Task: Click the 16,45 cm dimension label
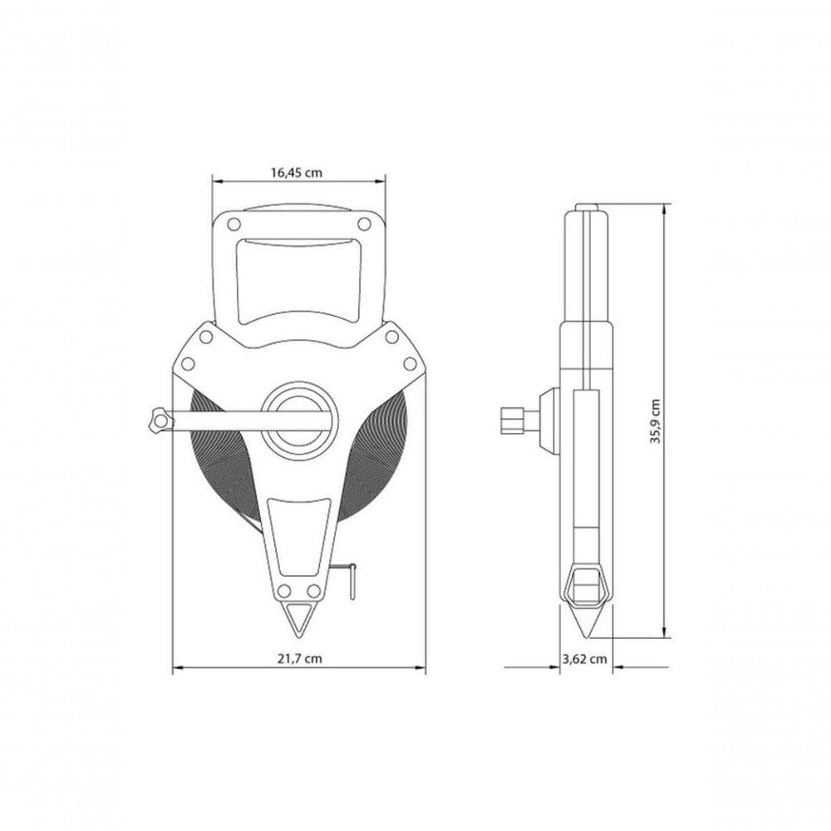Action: (x=297, y=172)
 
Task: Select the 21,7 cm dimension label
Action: (x=299, y=658)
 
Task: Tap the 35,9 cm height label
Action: (x=656, y=421)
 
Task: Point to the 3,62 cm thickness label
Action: (x=584, y=659)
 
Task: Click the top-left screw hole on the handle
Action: (x=234, y=224)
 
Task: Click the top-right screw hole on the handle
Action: (x=364, y=224)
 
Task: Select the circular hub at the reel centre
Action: (x=301, y=420)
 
